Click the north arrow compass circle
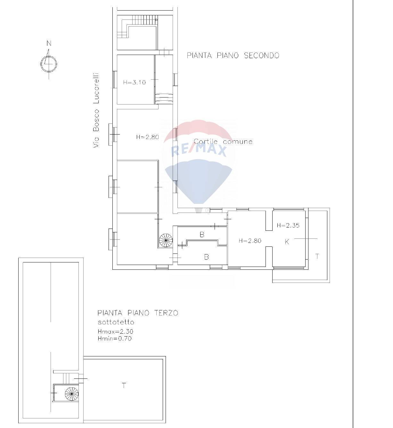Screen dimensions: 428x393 pyautogui.click(x=49, y=64)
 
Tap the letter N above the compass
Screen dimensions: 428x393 pyautogui.click(x=49, y=43)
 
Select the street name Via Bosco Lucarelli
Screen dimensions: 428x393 pyautogui.click(x=96, y=110)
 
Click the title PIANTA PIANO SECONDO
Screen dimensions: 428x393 pyautogui.click(x=233, y=56)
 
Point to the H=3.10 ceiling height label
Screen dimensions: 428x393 pyautogui.click(x=134, y=82)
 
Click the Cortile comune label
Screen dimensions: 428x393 pyautogui.click(x=223, y=141)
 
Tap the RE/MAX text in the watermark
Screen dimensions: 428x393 pyautogui.click(x=199, y=150)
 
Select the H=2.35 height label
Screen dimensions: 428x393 pyautogui.click(x=288, y=225)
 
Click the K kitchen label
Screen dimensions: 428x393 pyautogui.click(x=287, y=242)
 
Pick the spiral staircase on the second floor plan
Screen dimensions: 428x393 pyautogui.click(x=166, y=239)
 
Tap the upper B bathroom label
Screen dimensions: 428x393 pyautogui.click(x=202, y=235)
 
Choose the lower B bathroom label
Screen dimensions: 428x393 pyautogui.click(x=207, y=257)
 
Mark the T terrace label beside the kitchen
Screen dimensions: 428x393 pyautogui.click(x=317, y=256)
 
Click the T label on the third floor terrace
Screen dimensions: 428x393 pyautogui.click(x=124, y=385)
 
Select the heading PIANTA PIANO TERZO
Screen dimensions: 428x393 pyautogui.click(x=137, y=313)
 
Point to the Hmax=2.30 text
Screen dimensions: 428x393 pyautogui.click(x=115, y=331)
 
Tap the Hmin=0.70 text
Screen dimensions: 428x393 pyautogui.click(x=115, y=339)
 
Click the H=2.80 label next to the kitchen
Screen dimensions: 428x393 pyautogui.click(x=250, y=241)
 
